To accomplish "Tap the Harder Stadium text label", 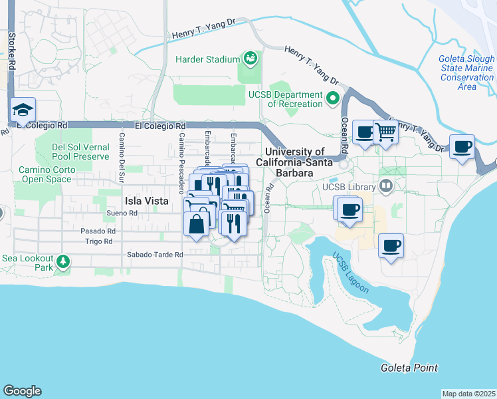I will coord(207,59).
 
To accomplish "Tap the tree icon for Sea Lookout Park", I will coord(63,261).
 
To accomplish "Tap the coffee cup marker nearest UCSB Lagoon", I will coord(390,247).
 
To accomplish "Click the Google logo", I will coord(22,391).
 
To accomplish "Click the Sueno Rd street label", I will coord(122,213).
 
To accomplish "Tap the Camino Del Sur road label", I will coord(122,157).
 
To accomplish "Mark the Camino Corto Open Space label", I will coord(46,174).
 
